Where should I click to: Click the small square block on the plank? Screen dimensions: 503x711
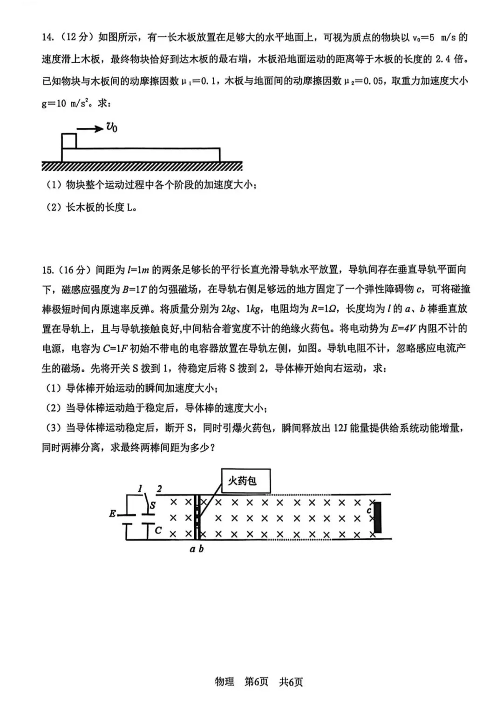tap(69, 141)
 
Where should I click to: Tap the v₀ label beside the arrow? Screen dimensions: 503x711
tap(111, 127)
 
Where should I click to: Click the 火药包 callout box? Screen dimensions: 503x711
tap(245, 481)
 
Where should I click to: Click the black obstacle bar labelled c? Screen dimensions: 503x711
tap(378, 517)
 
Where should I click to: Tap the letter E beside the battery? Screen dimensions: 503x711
tap(112, 514)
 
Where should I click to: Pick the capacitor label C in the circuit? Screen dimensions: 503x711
tap(158, 530)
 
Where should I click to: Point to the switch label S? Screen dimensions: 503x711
tap(153, 505)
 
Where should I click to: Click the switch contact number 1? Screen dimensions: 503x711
tap(140, 488)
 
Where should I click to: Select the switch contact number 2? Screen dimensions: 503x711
tap(159, 488)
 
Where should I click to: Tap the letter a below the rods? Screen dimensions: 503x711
tap(192, 549)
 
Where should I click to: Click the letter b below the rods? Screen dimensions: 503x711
tap(201, 549)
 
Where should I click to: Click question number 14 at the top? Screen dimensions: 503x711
tap(48, 37)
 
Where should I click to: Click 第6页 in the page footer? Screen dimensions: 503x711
tap(257, 682)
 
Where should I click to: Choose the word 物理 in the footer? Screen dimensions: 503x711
tap(224, 682)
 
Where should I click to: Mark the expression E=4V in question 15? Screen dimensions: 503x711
tap(403, 329)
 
